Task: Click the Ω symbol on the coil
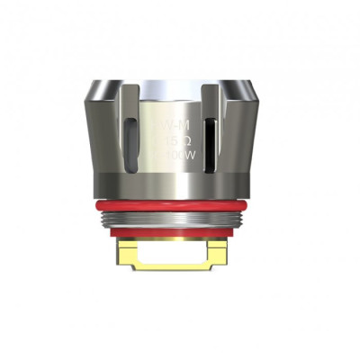tap(182, 142)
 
